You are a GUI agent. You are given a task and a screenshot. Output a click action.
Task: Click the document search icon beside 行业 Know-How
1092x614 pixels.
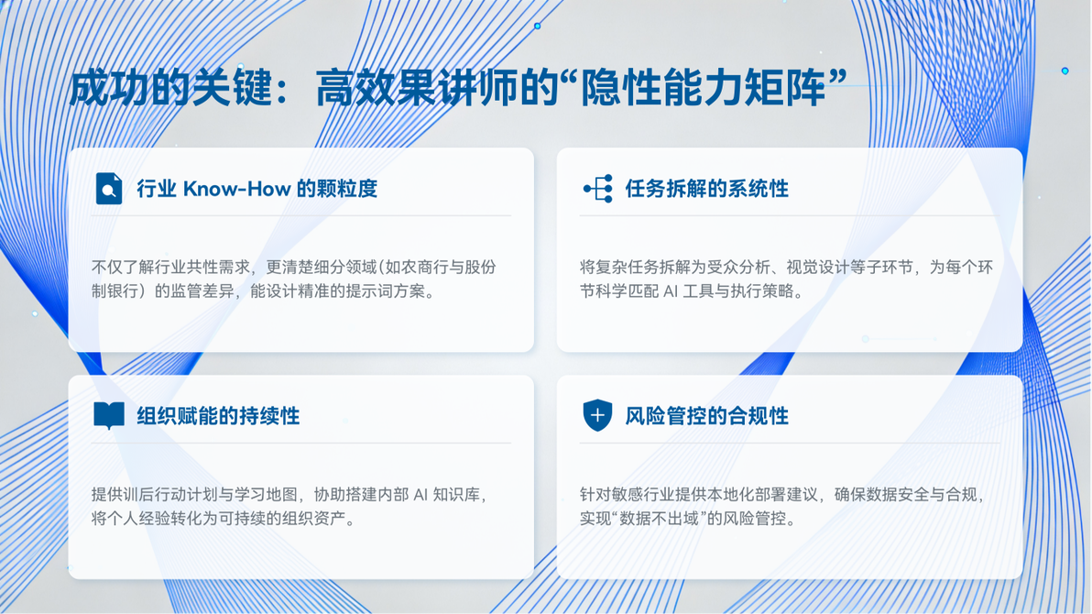[x=109, y=188]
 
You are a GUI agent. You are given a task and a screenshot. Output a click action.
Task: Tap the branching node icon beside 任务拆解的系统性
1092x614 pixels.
[x=597, y=189]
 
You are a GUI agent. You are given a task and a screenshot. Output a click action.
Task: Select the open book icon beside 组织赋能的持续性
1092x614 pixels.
[x=109, y=416]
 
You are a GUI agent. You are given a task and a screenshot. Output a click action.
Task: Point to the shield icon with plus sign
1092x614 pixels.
[x=597, y=415]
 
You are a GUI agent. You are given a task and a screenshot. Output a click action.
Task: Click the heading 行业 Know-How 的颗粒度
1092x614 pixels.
[x=257, y=189]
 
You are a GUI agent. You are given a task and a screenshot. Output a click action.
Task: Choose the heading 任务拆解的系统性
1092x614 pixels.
[x=707, y=189]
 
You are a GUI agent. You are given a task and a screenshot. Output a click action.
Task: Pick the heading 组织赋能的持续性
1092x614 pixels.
[x=218, y=416]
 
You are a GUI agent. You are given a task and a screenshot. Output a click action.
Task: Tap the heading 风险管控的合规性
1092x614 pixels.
[x=707, y=416]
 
